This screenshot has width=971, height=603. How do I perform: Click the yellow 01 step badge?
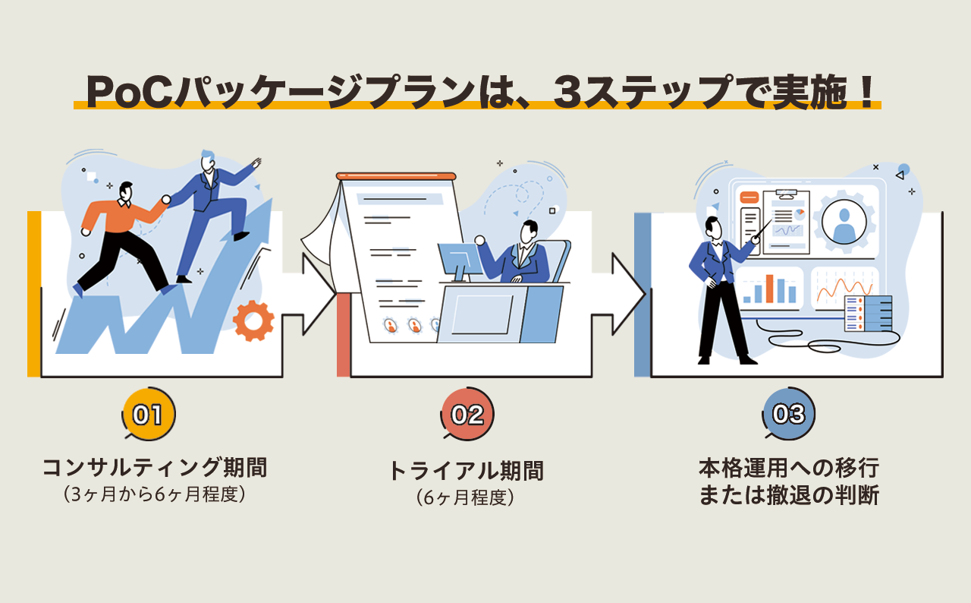(x=149, y=414)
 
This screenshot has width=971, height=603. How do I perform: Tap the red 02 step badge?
(x=467, y=414)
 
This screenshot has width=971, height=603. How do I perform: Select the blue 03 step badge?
(x=788, y=414)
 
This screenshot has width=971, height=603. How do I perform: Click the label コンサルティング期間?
(x=155, y=467)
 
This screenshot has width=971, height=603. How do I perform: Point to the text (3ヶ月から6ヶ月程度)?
(x=155, y=494)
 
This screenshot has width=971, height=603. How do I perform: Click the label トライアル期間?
(x=466, y=471)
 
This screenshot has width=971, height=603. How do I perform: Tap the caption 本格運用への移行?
(x=788, y=466)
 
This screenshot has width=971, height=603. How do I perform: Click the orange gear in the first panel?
(x=253, y=321)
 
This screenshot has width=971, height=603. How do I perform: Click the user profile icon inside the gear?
(x=844, y=221)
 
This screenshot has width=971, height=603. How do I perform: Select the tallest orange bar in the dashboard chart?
(x=770, y=289)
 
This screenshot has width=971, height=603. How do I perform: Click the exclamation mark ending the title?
(x=869, y=92)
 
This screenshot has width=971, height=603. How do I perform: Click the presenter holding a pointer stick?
(x=717, y=289)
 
